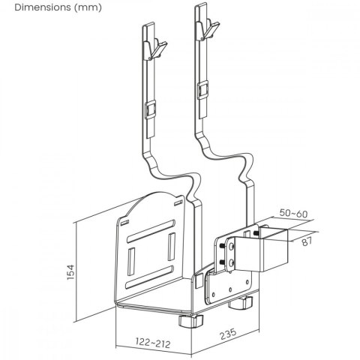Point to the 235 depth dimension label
(x=218, y=330)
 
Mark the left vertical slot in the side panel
(x=132, y=262)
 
